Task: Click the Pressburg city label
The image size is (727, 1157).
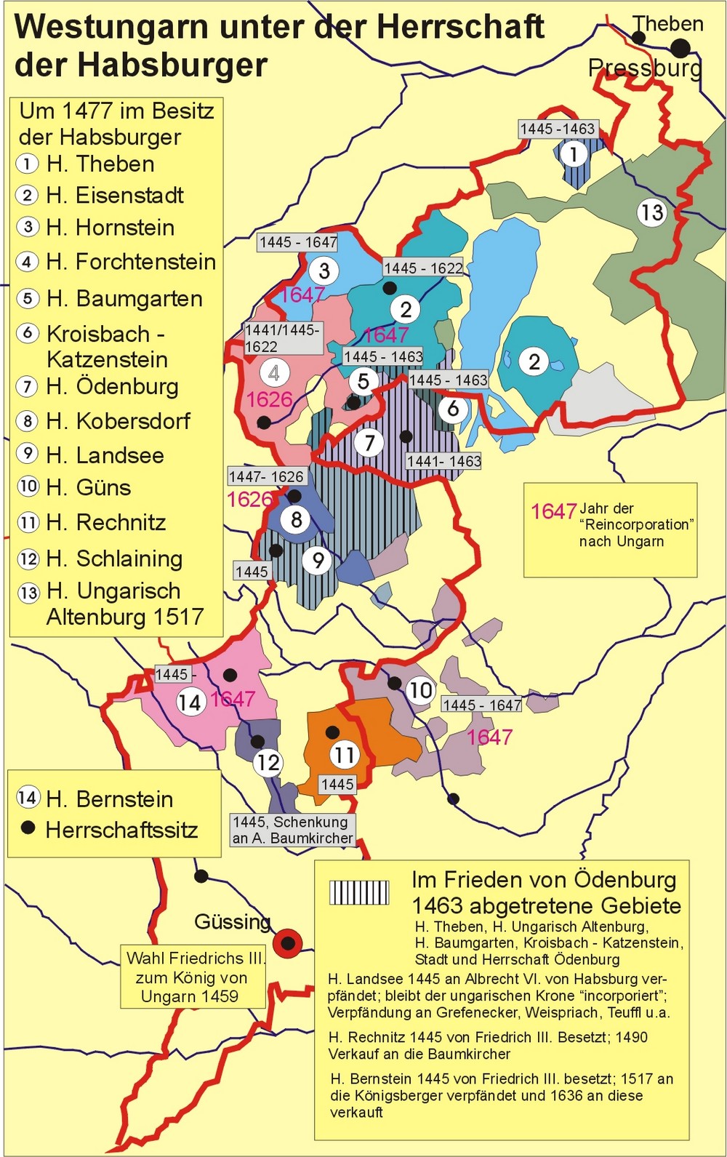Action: pos(645,68)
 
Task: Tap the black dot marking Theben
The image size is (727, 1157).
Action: pos(680,48)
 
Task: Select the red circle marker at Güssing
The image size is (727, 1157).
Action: pos(288,942)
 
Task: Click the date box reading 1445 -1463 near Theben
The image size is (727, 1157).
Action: pos(558,129)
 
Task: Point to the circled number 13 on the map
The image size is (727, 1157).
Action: pos(651,212)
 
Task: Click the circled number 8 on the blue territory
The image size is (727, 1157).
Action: pos(296,519)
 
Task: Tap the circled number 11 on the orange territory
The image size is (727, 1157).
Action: pos(345,755)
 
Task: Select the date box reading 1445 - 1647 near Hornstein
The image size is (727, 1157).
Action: pos(298,242)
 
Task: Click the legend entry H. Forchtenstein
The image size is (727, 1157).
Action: pos(131,262)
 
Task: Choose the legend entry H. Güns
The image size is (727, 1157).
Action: pos(89,487)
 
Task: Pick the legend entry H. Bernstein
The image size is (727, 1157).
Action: pos(109,799)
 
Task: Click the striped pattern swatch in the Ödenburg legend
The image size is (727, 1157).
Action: pos(359,892)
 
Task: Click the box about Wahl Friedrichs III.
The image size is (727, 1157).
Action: pos(193,977)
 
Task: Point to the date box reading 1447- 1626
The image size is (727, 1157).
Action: pos(266,476)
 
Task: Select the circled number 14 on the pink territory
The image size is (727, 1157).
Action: pos(190,702)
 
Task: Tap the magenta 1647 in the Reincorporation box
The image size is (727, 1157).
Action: pos(553,511)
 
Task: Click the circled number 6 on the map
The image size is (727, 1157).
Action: pos(453,409)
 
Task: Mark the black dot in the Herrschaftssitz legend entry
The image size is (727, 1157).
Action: pos(28,828)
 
